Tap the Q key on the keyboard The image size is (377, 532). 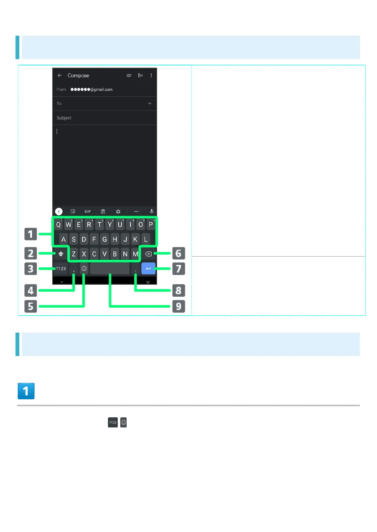(58, 225)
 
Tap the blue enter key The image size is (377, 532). (148, 269)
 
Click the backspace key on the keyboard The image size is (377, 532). (148, 254)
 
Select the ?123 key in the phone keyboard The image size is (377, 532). (61, 269)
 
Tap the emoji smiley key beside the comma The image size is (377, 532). (84, 269)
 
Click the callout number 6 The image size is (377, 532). (179, 253)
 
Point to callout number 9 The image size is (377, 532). (179, 306)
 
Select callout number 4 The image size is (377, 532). (31, 290)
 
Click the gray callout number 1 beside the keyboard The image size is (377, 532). (31, 234)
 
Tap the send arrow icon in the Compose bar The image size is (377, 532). (141, 75)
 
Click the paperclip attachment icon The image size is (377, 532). (129, 76)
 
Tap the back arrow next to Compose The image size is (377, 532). (60, 75)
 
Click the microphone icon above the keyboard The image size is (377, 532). (152, 211)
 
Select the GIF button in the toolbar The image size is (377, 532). (88, 212)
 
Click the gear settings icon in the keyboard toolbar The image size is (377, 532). (118, 212)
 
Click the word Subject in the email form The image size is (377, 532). (64, 118)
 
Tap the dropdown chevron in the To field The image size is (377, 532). (150, 104)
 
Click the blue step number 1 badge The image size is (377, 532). (26, 391)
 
